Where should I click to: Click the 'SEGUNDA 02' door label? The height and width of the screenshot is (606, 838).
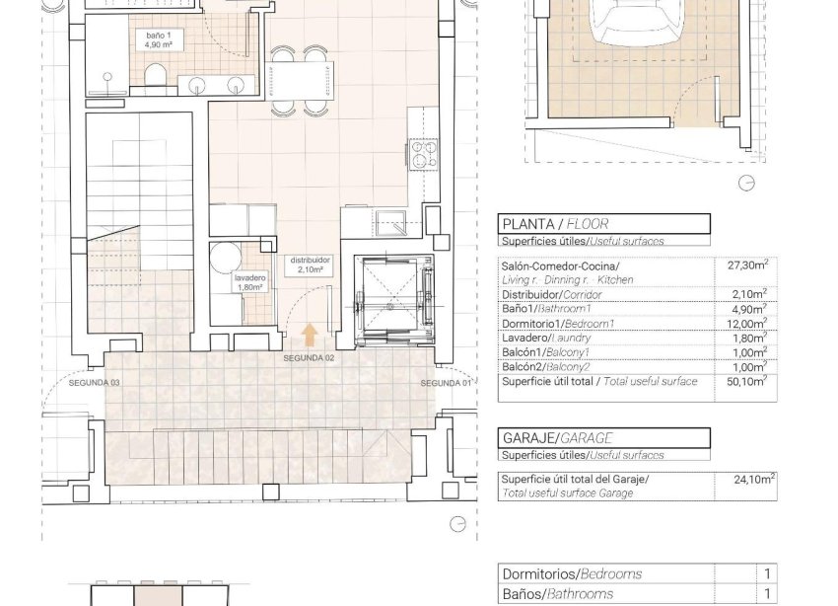coord(310,358)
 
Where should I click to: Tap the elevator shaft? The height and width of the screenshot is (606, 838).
coord(386,299)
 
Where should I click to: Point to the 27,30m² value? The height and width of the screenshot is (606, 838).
coord(747,265)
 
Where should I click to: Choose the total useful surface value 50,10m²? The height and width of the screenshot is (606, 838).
coord(747,382)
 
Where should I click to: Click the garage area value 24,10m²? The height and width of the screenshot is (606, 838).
coord(753,481)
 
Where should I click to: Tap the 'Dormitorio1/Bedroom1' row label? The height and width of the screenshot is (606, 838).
coord(558,323)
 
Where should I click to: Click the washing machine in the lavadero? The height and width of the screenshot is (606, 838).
coord(224,260)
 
